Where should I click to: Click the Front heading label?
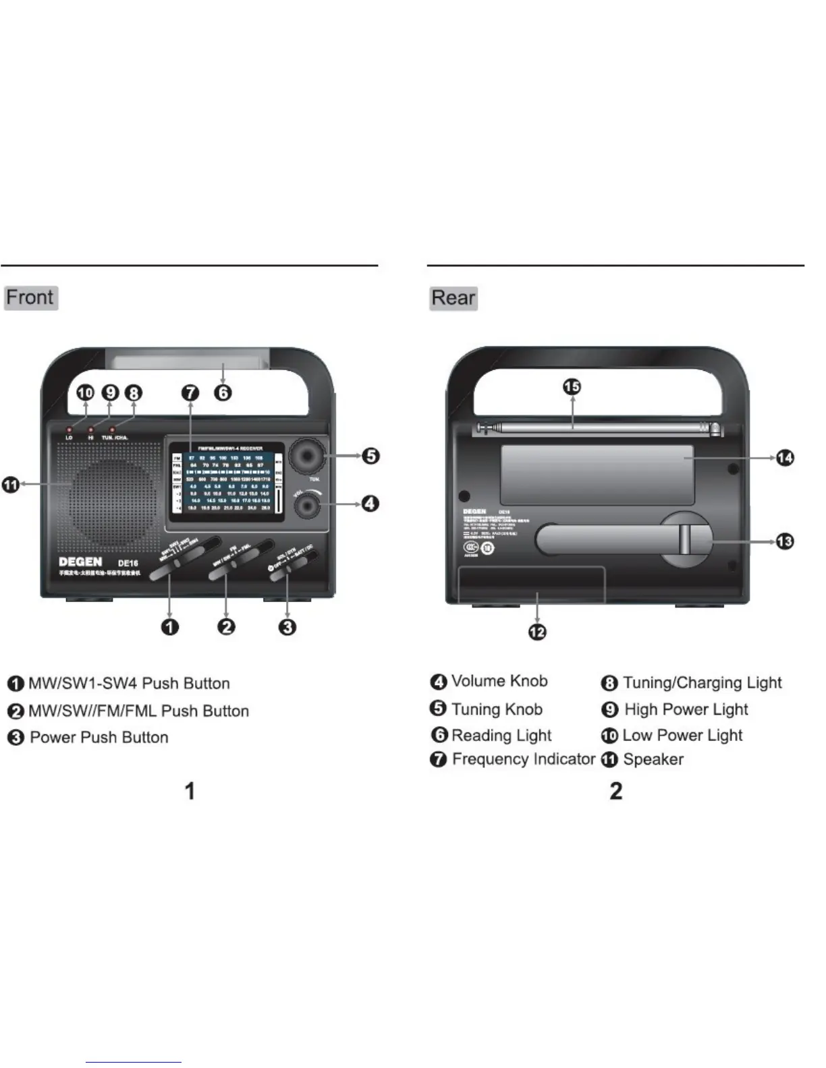point(30,297)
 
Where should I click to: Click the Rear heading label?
point(453,297)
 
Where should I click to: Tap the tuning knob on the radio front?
point(307,457)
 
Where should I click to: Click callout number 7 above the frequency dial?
point(191,392)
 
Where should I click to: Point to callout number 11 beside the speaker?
point(11,484)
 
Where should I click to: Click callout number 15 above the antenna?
point(572,386)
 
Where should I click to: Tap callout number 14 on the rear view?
point(785,458)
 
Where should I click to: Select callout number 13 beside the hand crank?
point(785,541)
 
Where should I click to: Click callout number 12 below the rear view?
point(537,632)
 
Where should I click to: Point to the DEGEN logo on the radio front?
point(80,562)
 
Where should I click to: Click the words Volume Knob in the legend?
point(499,681)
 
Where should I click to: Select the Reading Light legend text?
point(501,735)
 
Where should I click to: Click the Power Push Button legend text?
point(99,737)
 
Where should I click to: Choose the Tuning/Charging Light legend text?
point(702,682)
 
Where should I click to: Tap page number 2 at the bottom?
point(615,791)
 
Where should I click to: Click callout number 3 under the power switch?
point(287,627)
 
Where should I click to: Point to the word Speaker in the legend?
point(653,759)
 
